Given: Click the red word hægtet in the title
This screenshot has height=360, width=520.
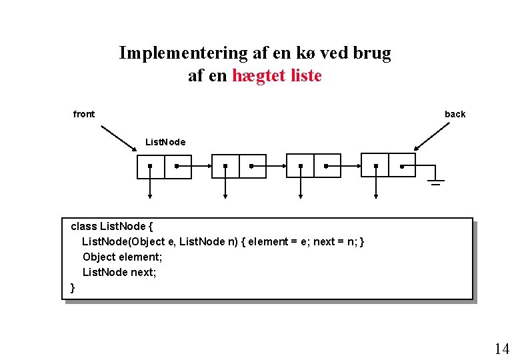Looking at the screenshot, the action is [x=260, y=76].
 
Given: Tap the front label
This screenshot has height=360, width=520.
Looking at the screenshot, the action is [x=84, y=114].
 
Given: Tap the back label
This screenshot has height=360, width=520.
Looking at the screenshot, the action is [x=455, y=114].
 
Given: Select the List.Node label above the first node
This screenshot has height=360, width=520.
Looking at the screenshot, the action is [x=165, y=142].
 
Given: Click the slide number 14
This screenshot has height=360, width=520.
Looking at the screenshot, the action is [x=501, y=348].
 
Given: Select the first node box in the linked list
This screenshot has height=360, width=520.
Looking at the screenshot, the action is [x=164, y=167].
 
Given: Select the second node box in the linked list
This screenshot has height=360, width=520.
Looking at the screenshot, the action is [x=239, y=167].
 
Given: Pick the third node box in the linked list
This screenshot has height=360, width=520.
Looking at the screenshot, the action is [x=313, y=167].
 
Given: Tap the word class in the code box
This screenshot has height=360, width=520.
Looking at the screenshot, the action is [x=83, y=226].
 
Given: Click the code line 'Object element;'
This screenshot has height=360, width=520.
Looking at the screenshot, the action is [x=122, y=257].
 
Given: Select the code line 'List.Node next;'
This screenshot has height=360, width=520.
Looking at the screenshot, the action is [x=119, y=272].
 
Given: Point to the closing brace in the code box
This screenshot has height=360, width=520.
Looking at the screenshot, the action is [x=73, y=287].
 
